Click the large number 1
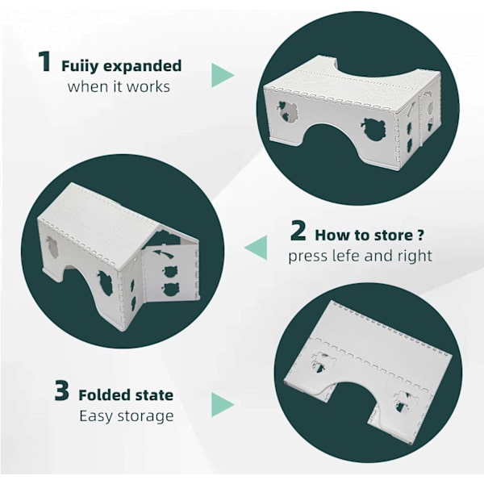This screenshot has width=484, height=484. tap(44, 62)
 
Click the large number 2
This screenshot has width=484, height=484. tap(298, 231)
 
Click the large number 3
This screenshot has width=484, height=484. tap(62, 390)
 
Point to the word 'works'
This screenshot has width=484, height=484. tap(148, 87)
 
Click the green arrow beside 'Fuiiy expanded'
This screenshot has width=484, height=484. tap(223, 75)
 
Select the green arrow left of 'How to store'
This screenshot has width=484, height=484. tap(256, 248)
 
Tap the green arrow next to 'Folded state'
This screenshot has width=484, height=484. tap(223, 405)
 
